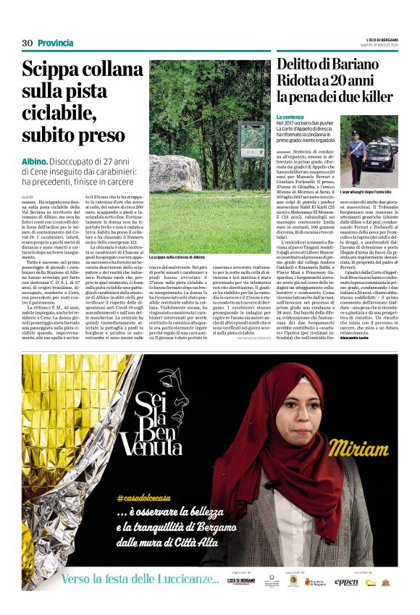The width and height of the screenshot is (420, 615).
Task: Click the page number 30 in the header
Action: [x=28, y=43]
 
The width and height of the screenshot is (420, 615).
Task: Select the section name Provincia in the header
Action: [x=56, y=43]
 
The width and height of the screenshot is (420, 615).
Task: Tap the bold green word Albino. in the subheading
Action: [x=35, y=158]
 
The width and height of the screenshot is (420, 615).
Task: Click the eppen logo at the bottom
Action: [x=346, y=581]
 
